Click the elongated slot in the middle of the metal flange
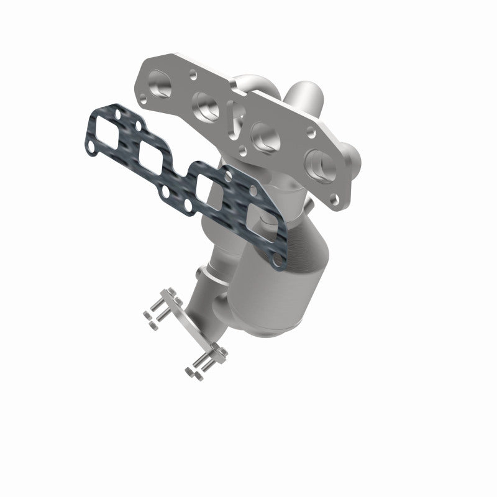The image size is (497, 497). coord(234,119)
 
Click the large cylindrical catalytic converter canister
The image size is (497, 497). coord(258,286)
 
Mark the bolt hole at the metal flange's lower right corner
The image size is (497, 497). coord(335,200)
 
